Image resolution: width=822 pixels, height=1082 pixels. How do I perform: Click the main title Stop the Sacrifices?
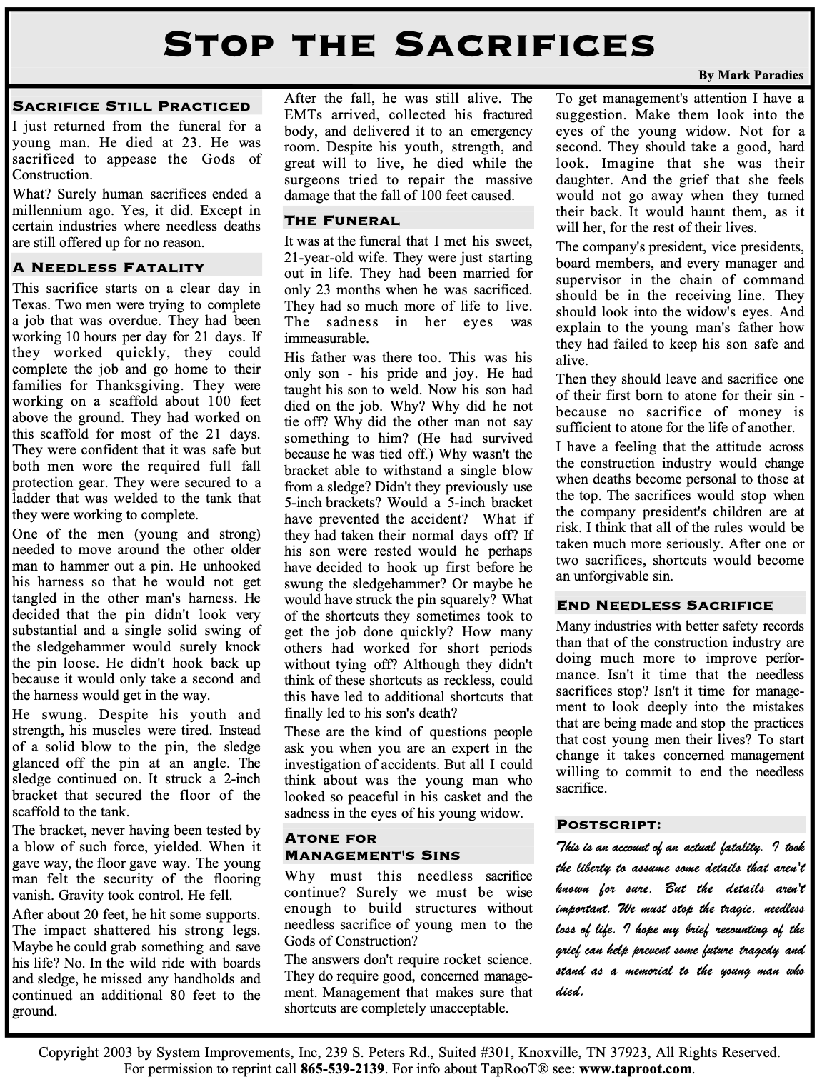click(x=410, y=44)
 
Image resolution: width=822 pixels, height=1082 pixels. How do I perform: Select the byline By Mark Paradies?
click(x=751, y=75)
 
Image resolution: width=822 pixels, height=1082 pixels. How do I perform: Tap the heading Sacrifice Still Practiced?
click(x=131, y=106)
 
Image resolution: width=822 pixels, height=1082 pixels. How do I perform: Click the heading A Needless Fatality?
click(x=109, y=268)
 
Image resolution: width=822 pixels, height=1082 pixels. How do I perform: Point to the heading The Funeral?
click(x=342, y=220)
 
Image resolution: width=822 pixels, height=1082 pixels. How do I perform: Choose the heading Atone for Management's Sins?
click(x=371, y=846)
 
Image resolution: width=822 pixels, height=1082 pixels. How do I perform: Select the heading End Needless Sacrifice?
click(x=664, y=606)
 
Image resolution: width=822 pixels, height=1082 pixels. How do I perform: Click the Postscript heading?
click(x=608, y=825)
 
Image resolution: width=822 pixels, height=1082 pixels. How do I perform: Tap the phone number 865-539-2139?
click(x=343, y=1069)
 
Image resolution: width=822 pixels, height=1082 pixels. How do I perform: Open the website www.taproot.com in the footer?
click(x=636, y=1069)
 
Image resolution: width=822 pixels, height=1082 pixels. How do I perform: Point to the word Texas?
click(x=29, y=305)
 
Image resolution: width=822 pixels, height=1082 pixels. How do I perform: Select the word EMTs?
click(x=303, y=114)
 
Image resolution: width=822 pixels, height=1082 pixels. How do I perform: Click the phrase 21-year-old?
click(x=318, y=257)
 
